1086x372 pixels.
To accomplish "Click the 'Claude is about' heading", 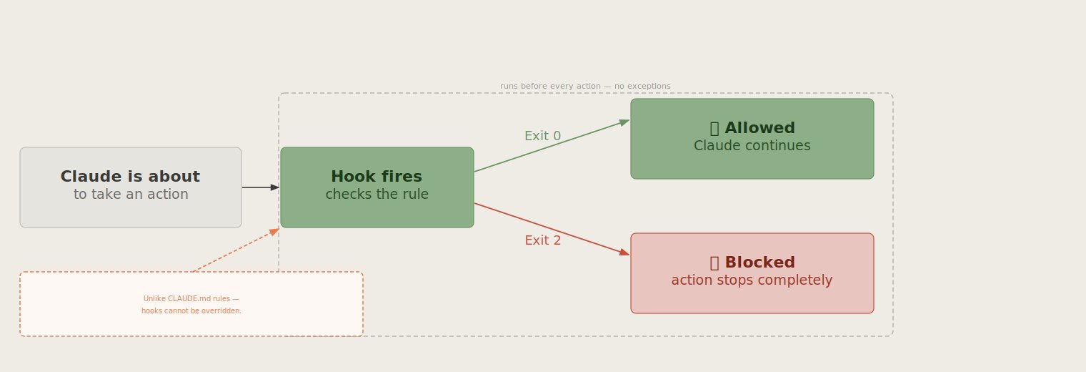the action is click(130, 176).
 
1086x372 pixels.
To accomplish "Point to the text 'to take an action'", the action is click(131, 195).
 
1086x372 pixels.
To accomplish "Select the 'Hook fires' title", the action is click(377, 176).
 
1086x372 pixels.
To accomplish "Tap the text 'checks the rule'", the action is click(377, 195).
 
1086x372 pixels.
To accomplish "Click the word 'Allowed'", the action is click(759, 128).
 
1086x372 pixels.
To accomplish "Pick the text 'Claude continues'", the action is click(752, 146).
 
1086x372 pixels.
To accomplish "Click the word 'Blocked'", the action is click(759, 263).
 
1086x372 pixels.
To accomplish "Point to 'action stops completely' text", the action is click(752, 280).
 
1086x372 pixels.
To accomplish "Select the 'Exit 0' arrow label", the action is click(542, 136).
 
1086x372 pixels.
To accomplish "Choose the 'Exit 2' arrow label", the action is click(542, 240).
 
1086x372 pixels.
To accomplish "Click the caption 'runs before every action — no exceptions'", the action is click(585, 86).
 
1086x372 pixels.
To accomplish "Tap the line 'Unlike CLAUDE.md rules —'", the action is click(191, 298).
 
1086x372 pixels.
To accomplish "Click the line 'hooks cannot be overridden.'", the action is click(191, 310).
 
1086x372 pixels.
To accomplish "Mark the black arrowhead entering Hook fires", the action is click(275, 187).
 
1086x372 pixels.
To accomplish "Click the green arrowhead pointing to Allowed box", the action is click(624, 122).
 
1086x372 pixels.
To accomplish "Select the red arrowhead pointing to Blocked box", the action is click(624, 252).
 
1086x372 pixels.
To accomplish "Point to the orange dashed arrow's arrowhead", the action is click(274, 232).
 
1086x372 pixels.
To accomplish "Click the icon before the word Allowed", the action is click(714, 128).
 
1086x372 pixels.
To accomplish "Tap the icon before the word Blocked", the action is click(714, 263).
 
